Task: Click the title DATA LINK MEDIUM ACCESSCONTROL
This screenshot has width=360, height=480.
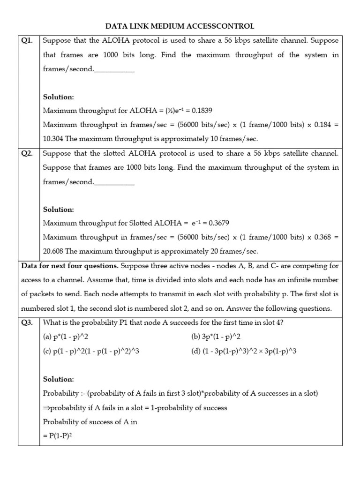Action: tap(180, 26)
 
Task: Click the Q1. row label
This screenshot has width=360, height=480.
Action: tap(28, 41)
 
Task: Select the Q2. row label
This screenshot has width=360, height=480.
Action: tap(28, 153)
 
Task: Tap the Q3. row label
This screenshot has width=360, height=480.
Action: tap(28, 322)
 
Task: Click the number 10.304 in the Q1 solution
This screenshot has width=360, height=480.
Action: tap(53, 139)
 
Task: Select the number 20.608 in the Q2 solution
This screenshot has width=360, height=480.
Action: tap(53, 251)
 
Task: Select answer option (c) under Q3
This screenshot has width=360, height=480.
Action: tap(91, 351)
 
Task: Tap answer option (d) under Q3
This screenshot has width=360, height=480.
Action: tap(244, 351)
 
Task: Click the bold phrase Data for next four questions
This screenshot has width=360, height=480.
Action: tap(70, 266)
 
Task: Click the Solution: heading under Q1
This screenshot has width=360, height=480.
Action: tap(59, 97)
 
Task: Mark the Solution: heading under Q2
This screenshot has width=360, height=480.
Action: tap(59, 209)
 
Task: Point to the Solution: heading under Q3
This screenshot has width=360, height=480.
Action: tap(59, 379)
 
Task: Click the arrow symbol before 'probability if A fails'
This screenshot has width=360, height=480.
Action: tap(46, 408)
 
